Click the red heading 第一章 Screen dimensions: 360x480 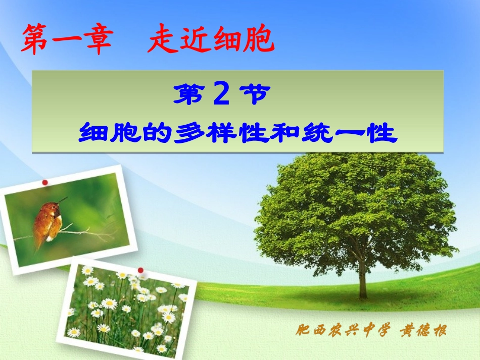[66, 40]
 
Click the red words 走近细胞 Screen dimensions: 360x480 [211, 40]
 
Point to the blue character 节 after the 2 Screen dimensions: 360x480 [253, 94]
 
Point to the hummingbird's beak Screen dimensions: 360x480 [63, 200]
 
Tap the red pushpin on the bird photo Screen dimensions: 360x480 [45, 182]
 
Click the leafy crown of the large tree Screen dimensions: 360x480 [354, 202]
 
